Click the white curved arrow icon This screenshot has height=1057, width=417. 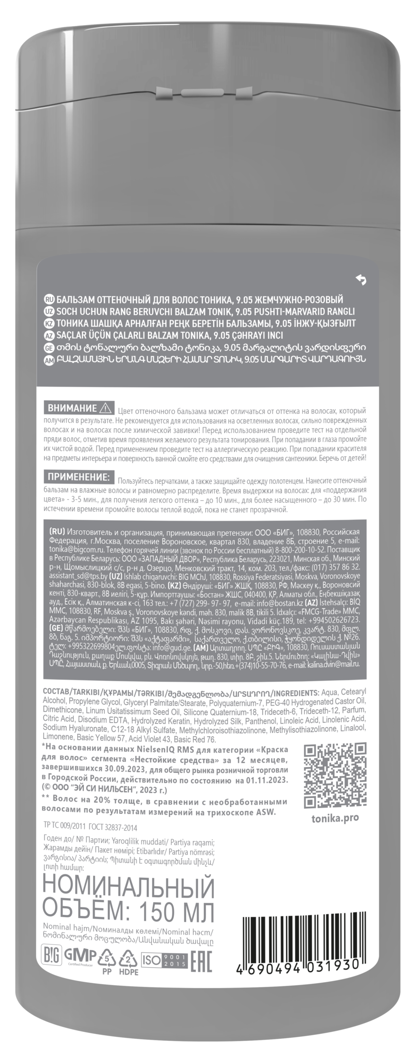click(361, 280)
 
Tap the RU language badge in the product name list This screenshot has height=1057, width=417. click(49, 299)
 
